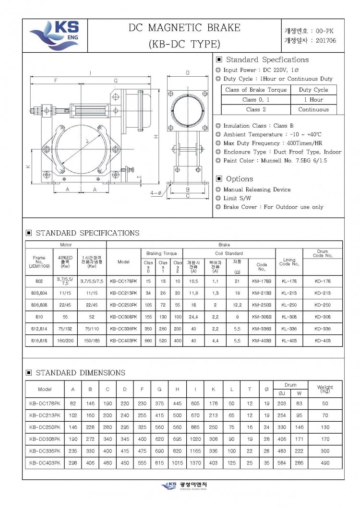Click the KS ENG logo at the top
(54, 35)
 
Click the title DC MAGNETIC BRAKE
(184, 28)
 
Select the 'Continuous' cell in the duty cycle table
(313, 109)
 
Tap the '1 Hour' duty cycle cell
(313, 100)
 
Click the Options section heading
(239, 178)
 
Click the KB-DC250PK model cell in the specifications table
(123, 305)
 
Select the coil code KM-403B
(262, 340)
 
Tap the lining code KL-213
(289, 293)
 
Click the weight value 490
(325, 463)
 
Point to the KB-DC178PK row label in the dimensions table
(45, 403)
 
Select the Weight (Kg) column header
(325, 389)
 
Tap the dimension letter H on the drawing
(156, 137)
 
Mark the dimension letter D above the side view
(187, 72)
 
